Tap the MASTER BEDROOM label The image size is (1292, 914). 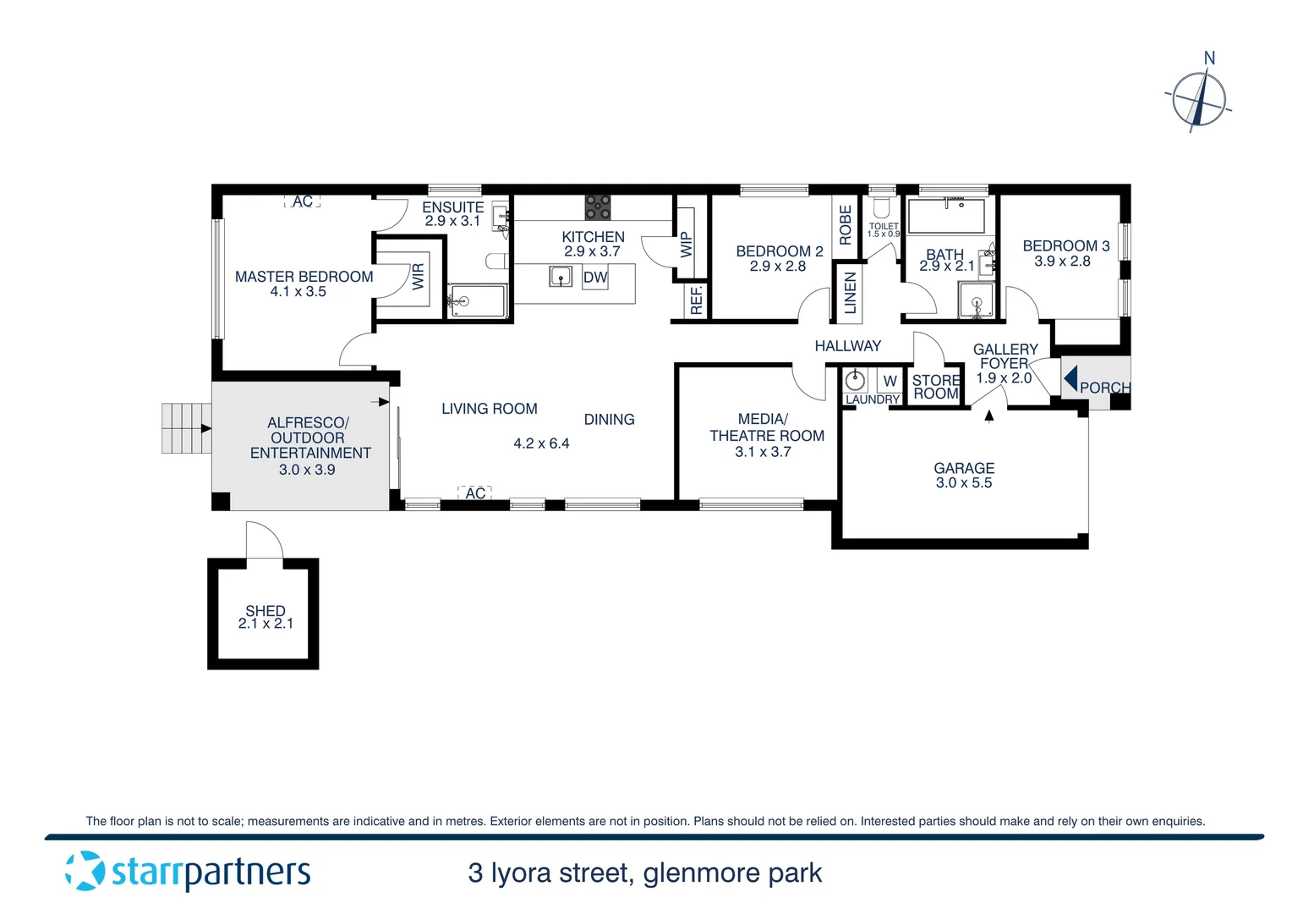tap(304, 277)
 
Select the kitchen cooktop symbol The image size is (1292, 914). tap(598, 207)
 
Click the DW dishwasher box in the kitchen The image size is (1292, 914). tap(595, 277)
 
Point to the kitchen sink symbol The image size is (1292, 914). tap(561, 276)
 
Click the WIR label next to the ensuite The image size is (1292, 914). tap(419, 276)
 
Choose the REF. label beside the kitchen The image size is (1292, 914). tap(697, 300)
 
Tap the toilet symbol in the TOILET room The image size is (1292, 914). tap(882, 206)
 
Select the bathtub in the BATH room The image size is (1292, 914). tap(946, 216)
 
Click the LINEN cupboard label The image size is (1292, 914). tap(850, 293)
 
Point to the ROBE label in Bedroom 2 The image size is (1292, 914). tap(846, 225)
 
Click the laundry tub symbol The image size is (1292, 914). tap(856, 380)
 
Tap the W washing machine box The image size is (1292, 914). tap(890, 381)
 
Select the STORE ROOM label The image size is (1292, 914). tap(936, 387)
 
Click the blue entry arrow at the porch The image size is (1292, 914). tap(1070, 377)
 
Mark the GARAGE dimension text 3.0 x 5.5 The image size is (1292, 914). tap(964, 483)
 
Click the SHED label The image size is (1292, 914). tap(266, 610)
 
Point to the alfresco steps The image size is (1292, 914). tap(186, 428)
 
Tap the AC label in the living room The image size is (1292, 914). tap(475, 493)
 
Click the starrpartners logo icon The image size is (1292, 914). tap(85, 871)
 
